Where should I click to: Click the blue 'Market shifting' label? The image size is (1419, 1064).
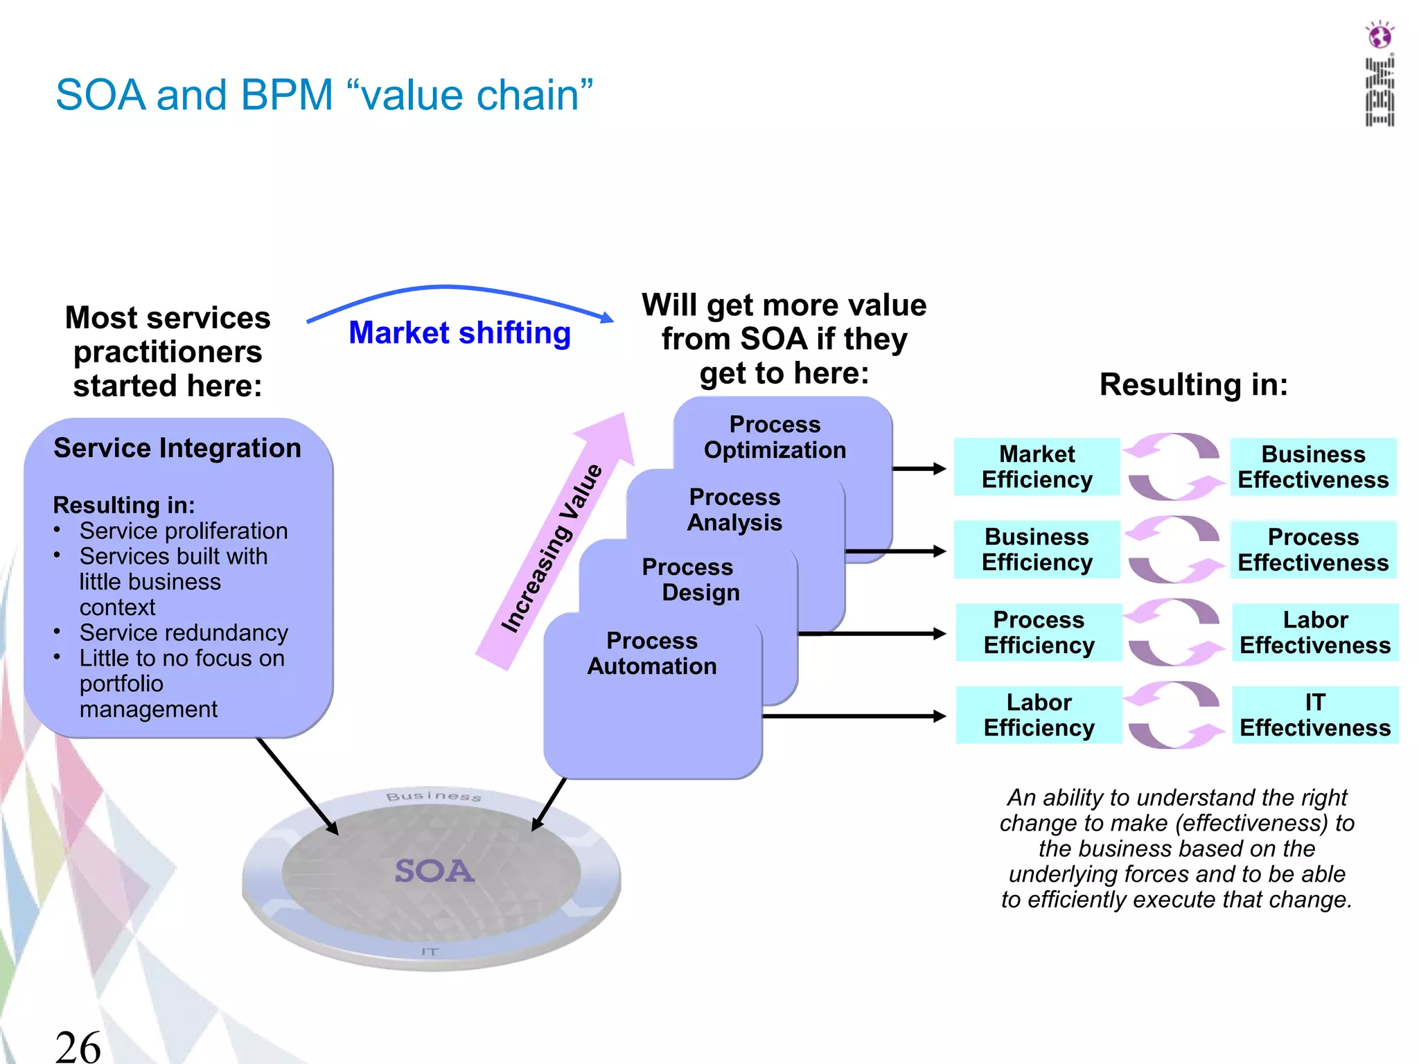459,332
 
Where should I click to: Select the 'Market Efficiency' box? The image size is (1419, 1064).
1037,467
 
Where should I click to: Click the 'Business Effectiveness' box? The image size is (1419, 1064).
1313,467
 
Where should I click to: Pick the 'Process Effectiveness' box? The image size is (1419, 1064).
1313,549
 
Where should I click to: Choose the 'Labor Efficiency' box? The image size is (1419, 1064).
1039,715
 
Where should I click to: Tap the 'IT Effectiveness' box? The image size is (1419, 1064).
1314,715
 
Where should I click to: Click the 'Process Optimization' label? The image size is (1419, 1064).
775,437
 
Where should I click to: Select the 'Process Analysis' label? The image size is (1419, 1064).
734,510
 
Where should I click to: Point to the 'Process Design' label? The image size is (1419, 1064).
690,580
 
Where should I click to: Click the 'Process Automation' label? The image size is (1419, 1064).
652,653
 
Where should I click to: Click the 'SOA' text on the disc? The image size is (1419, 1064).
434,871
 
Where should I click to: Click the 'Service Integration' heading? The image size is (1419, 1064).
177,448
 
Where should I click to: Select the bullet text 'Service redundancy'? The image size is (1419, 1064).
183,632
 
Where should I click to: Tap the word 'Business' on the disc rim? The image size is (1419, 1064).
433,797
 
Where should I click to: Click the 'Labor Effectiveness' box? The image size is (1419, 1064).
1314,632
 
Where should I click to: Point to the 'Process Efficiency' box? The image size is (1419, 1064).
1039,632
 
